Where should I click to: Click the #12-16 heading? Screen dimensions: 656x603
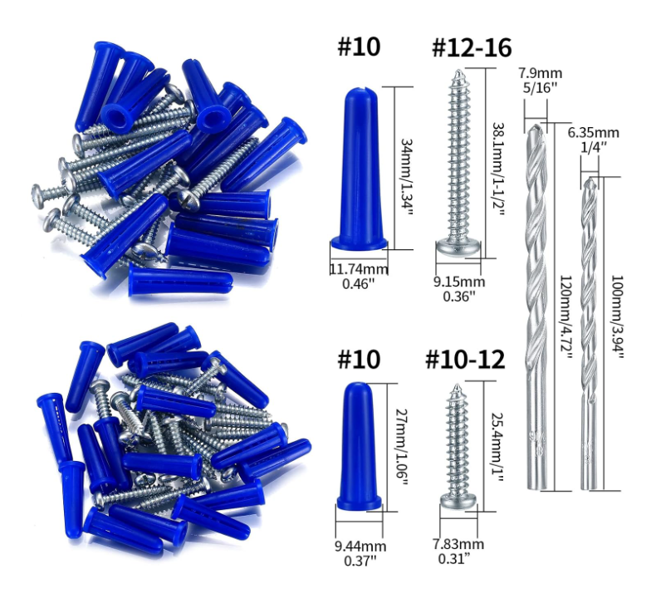472,47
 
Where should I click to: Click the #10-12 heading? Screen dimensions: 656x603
465,360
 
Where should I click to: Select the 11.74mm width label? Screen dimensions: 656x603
359,269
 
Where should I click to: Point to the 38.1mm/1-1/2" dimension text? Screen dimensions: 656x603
498,169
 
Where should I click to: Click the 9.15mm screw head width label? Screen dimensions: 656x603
459,282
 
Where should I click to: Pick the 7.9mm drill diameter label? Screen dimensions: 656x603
540,73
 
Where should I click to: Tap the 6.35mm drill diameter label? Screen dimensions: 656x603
593,133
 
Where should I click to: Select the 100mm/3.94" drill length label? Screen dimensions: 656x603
617,316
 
